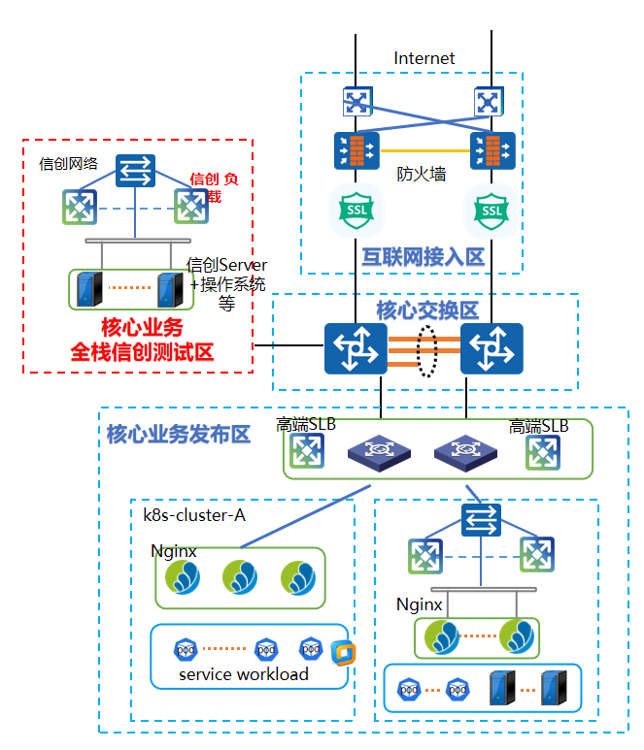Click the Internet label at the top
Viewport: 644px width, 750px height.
424,58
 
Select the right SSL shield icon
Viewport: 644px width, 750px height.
492,210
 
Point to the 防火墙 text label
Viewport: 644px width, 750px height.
422,175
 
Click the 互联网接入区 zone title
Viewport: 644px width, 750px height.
423,257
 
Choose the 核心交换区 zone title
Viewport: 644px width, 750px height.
427,310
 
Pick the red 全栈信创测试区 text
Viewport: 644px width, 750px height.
142,351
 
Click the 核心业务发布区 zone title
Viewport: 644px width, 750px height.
179,434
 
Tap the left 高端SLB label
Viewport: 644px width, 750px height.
307,424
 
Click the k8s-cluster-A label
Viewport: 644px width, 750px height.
194,514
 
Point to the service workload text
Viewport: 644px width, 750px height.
244,673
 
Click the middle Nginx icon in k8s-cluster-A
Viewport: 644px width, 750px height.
240,577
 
